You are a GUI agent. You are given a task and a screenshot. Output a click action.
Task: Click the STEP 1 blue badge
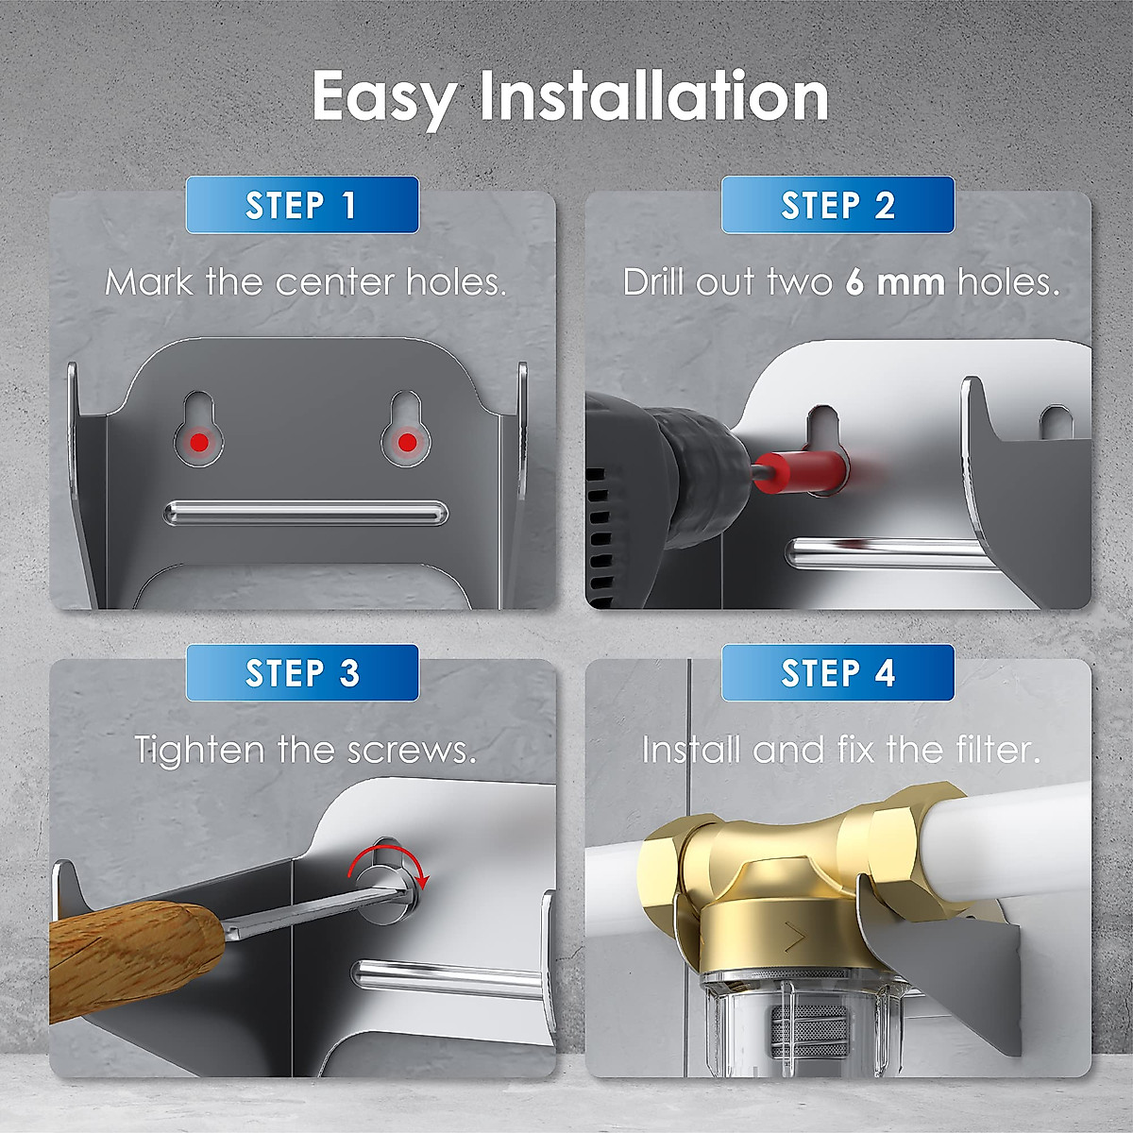coord(301,205)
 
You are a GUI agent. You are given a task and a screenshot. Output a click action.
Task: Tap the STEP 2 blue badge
coord(837,205)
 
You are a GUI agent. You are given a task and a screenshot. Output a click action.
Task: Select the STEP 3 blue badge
coord(301,673)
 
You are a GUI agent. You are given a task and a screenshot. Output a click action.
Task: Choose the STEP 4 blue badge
coord(837,673)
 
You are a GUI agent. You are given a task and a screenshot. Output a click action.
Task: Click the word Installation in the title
coord(653,96)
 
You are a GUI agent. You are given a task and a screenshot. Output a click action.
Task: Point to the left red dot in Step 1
coord(197,441)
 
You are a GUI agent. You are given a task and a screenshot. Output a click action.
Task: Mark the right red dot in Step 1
coord(407,441)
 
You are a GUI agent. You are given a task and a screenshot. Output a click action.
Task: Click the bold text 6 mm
coord(895,281)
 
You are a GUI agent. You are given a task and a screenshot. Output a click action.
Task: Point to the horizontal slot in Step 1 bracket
coord(302,513)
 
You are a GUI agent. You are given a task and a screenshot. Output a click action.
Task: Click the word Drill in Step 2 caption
coord(653,281)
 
